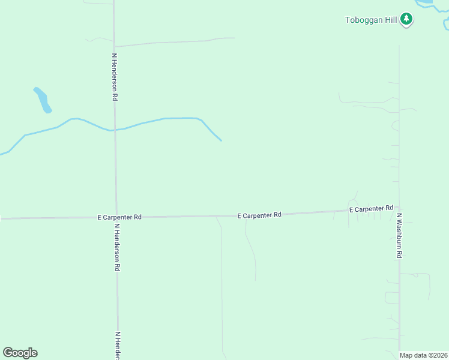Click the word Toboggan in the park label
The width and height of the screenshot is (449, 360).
click(x=363, y=20)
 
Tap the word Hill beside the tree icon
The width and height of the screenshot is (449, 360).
click(x=391, y=20)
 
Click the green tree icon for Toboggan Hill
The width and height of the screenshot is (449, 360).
click(x=407, y=19)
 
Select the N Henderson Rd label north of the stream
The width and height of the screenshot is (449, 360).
click(x=114, y=76)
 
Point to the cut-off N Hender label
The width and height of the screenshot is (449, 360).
click(x=118, y=345)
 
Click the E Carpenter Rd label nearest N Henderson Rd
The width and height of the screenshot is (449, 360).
click(x=119, y=217)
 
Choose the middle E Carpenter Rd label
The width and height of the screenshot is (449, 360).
click(x=259, y=215)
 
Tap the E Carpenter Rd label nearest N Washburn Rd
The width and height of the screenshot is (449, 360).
click(x=371, y=209)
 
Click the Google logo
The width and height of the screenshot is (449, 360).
click(x=20, y=353)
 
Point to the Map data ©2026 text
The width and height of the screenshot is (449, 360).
click(x=424, y=355)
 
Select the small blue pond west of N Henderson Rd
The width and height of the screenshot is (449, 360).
click(x=43, y=100)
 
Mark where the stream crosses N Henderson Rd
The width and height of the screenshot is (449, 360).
click(x=115, y=130)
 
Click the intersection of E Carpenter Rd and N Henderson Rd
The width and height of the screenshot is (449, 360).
click(x=116, y=217)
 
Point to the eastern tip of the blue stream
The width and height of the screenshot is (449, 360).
click(x=221, y=140)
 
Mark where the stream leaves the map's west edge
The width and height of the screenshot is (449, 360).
click(x=2, y=154)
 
